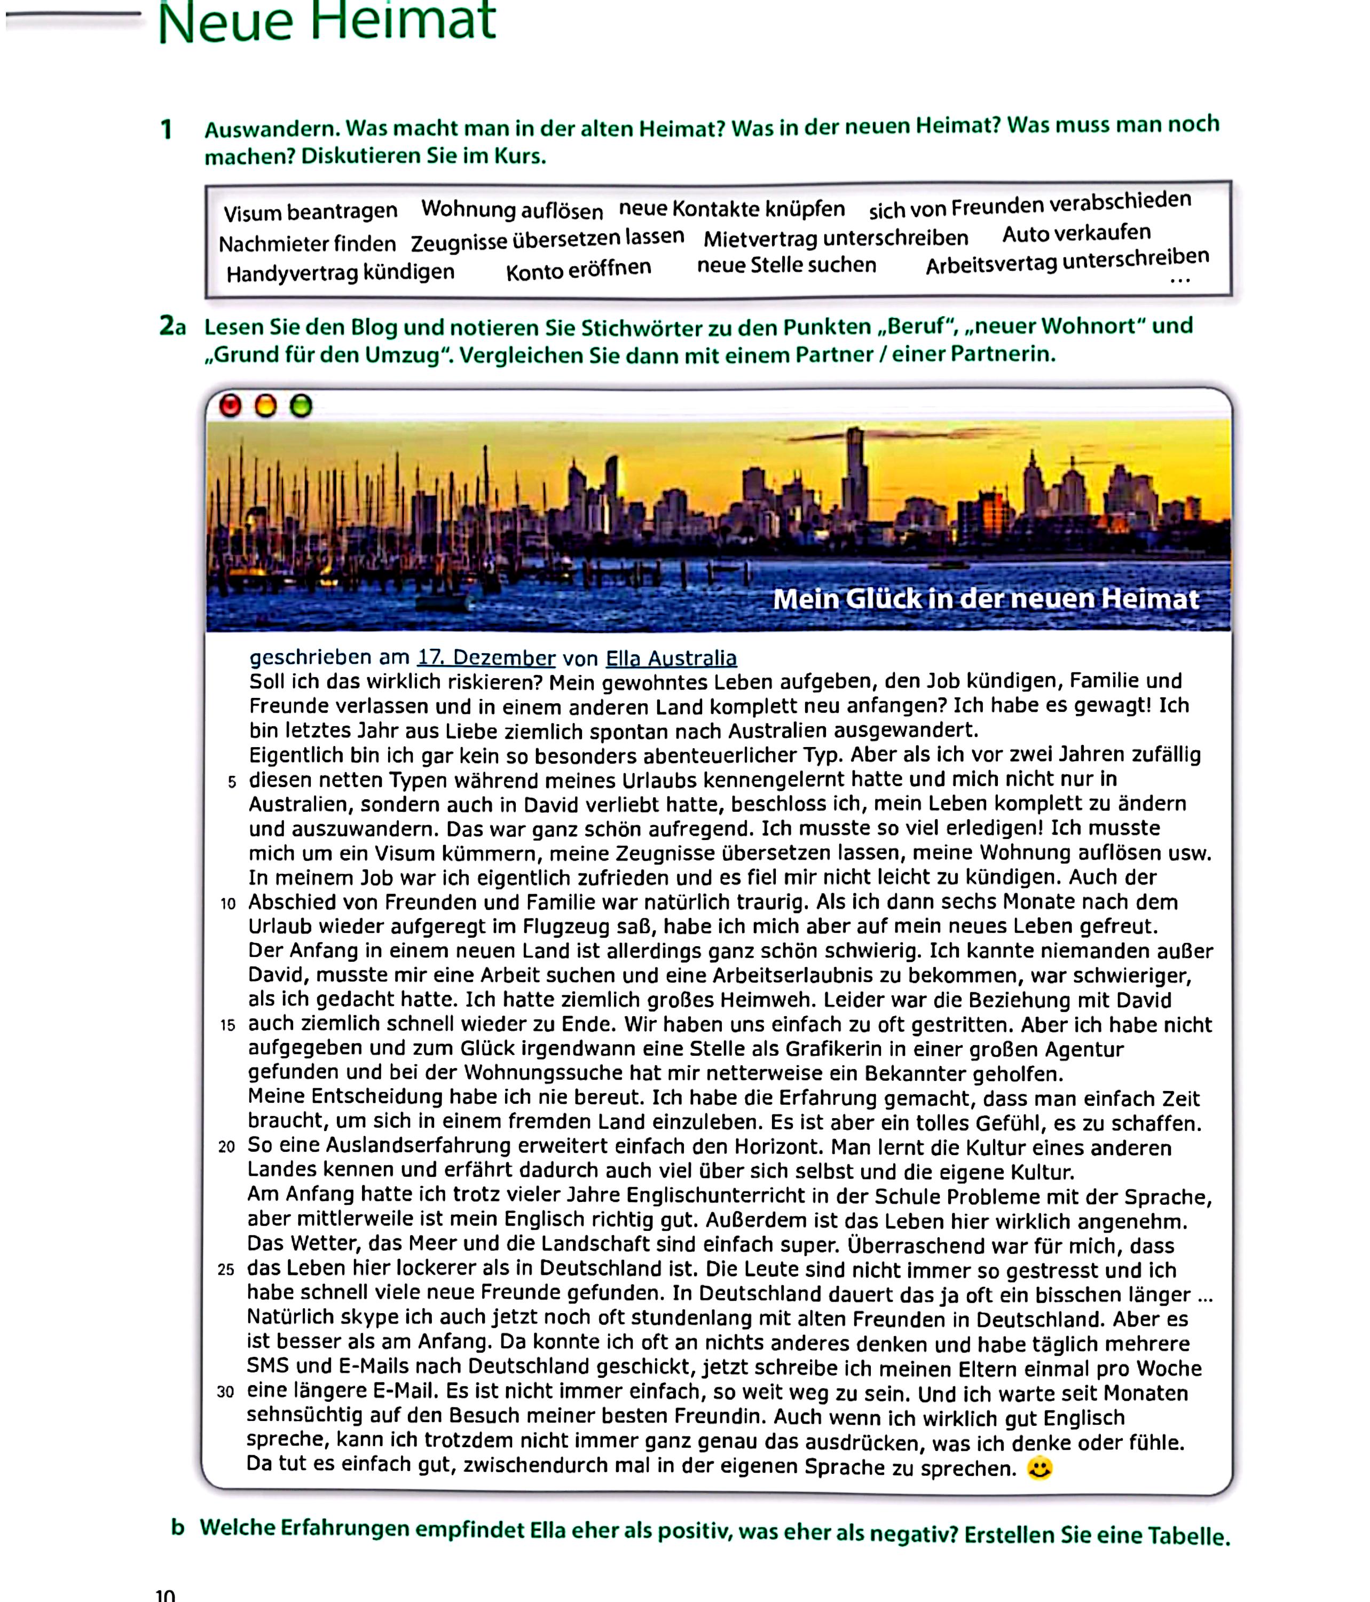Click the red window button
(x=230, y=405)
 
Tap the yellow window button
(x=265, y=405)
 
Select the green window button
(x=301, y=405)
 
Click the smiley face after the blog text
(x=1039, y=1467)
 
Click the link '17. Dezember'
(x=485, y=658)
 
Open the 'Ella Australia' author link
(x=670, y=658)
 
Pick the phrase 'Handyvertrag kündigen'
(x=340, y=273)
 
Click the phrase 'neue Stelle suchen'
(x=786, y=265)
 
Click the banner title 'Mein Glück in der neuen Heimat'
(x=986, y=599)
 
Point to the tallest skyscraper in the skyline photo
(x=854, y=472)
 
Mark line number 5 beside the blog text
(x=231, y=782)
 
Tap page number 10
(x=164, y=1595)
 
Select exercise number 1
(x=166, y=129)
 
